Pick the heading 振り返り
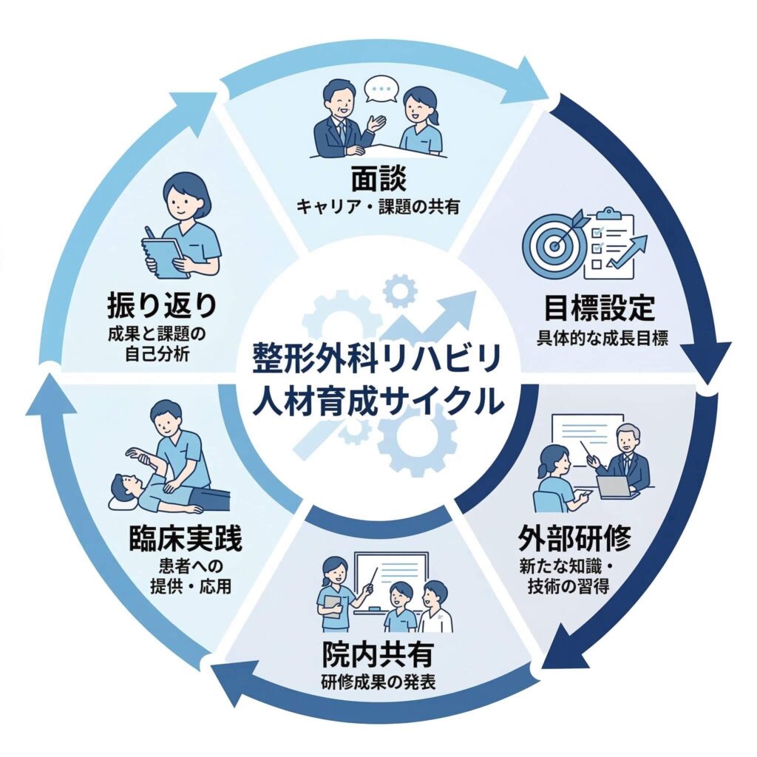(163, 303)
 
